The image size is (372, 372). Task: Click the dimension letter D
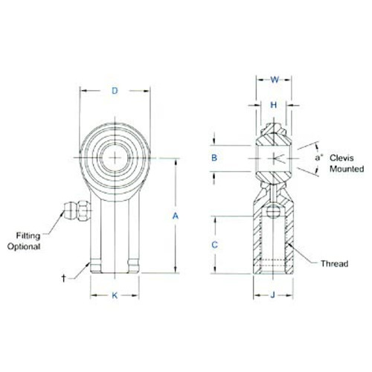[x=115, y=91]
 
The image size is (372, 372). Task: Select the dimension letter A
[x=176, y=216]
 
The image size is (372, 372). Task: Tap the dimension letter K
[x=115, y=295]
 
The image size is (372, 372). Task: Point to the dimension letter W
[x=275, y=80]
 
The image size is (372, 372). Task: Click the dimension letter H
[x=273, y=105]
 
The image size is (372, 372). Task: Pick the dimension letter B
[x=214, y=158]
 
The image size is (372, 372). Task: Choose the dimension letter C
[x=214, y=245]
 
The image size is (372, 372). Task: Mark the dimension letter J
[x=273, y=295]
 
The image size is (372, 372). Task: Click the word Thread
[x=334, y=263]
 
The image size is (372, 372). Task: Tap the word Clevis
[x=341, y=158]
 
